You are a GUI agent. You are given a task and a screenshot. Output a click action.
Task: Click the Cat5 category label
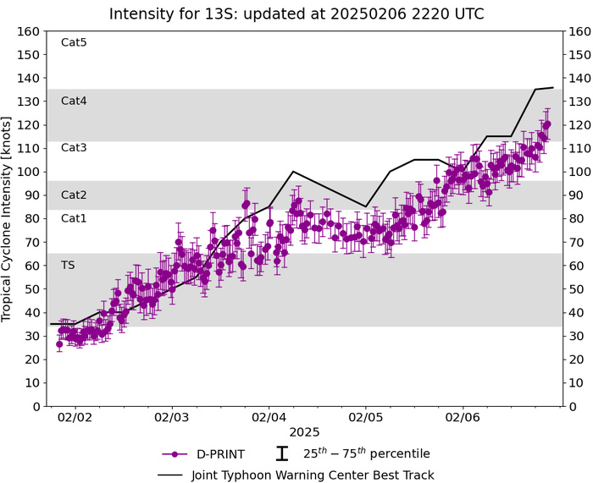coord(74,42)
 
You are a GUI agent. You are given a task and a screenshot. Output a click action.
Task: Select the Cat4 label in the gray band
coord(74,101)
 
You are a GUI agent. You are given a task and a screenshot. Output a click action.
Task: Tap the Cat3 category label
coord(74,147)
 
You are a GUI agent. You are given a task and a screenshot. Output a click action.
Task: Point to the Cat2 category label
coord(74,195)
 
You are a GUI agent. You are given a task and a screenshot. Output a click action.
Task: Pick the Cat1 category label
coord(74,218)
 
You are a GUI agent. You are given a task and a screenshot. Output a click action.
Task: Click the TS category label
coord(68,265)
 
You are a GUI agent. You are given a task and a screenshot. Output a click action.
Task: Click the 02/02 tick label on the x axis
coord(75,418)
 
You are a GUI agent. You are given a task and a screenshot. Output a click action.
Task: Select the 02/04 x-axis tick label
coord(269,418)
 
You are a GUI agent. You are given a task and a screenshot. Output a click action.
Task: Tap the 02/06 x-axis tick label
coord(462,418)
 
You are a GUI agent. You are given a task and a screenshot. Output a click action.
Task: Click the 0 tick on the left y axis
coord(36,406)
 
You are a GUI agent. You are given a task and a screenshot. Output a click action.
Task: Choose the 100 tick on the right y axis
coord(579,172)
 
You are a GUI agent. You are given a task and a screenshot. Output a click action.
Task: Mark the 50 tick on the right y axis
coord(576,289)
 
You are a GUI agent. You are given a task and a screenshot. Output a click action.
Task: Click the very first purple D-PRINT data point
coord(59,344)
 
